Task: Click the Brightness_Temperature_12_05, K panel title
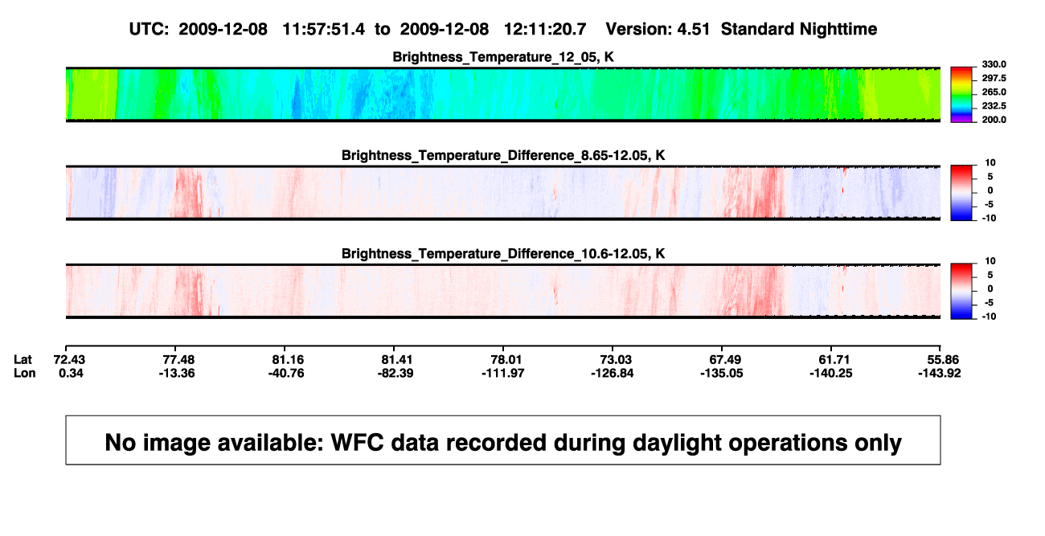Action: coord(503,57)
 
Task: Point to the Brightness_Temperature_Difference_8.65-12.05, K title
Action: coord(503,155)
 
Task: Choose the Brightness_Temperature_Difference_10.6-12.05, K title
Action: coord(503,254)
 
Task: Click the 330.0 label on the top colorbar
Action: coord(994,64)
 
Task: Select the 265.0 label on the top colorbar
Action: coord(994,92)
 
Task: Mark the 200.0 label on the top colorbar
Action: coord(994,120)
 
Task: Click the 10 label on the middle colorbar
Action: coord(990,163)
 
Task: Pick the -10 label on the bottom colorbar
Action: coord(989,317)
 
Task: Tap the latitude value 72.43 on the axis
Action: coord(69,360)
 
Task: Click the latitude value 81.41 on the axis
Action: coord(396,360)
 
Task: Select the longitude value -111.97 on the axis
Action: coord(503,373)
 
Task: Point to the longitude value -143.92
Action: coord(940,373)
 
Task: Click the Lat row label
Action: coord(23,360)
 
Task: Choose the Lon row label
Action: coord(25,373)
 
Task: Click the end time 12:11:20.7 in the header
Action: coord(545,29)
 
